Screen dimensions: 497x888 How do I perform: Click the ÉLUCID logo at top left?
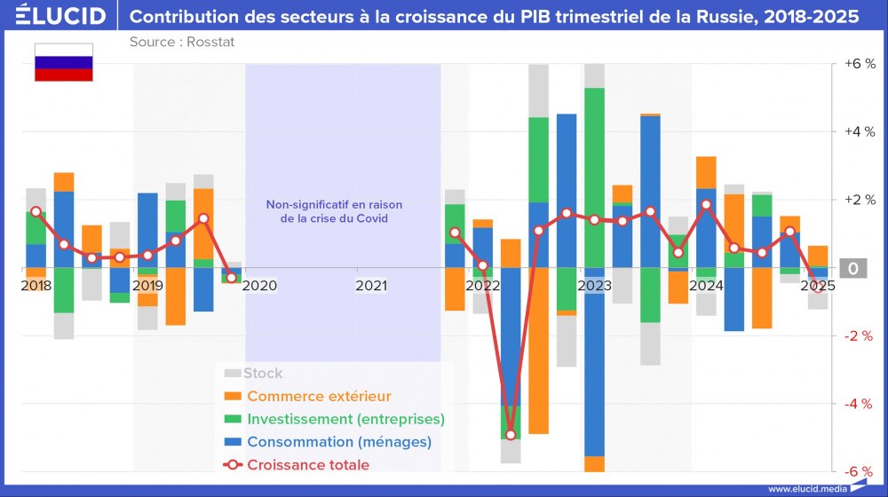55,17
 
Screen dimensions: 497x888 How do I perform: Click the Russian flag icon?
63,62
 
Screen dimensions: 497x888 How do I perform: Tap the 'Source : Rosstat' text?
181,42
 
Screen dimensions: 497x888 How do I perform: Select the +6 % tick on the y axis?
859,64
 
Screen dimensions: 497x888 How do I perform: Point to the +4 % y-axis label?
859,132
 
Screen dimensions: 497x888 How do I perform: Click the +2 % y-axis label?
859,200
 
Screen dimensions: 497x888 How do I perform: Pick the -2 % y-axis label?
859,335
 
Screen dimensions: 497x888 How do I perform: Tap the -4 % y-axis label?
859,404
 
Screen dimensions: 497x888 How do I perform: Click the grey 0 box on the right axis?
852,268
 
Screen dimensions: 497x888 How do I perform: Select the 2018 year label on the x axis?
36,286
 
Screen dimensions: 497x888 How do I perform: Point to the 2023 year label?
594,286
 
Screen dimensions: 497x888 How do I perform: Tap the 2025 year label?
818,286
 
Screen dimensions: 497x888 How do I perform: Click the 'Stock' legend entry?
263,374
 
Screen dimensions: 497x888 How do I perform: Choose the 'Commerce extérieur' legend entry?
318,396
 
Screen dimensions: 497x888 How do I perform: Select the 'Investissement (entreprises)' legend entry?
345,419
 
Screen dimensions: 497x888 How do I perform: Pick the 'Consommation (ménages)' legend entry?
338,442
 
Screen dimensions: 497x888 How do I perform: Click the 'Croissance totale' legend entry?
307,465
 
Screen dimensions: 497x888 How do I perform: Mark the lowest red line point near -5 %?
511,435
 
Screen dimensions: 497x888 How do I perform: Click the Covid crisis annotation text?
328,211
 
